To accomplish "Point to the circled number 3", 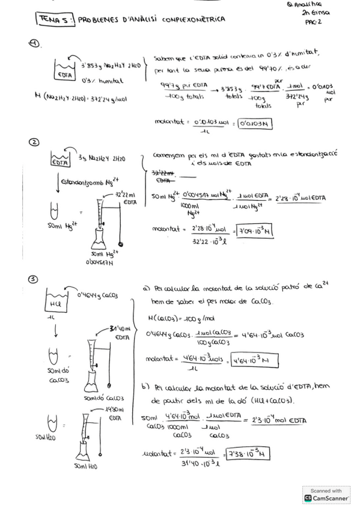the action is tap(34, 278).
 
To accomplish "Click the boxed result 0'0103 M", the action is tap(255, 124).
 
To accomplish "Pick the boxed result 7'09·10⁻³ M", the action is tap(256, 229).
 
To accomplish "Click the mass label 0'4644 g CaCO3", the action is tap(100, 295).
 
